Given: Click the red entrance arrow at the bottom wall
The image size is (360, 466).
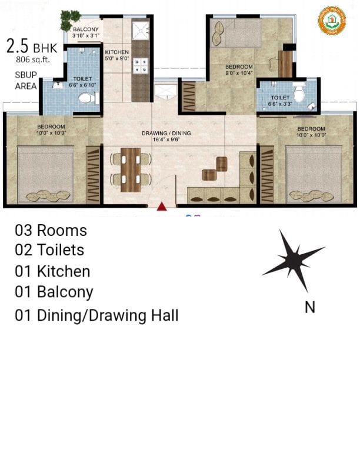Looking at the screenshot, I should click(x=162, y=206).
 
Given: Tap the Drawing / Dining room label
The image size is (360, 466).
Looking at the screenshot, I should click(x=166, y=137).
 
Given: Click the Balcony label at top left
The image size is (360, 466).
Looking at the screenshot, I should click(x=85, y=32).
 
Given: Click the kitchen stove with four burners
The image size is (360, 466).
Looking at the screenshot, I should click(x=141, y=65).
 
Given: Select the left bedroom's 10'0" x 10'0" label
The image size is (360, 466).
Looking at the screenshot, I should click(x=52, y=130).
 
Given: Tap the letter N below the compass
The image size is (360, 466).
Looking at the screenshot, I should click(x=309, y=307).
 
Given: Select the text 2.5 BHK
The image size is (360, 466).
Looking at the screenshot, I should click(x=31, y=46).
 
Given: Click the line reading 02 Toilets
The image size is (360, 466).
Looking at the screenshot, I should click(x=49, y=250).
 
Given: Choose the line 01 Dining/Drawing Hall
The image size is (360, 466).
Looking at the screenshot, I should click(x=96, y=315).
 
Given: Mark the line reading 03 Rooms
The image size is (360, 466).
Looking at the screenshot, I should click(x=51, y=230).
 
